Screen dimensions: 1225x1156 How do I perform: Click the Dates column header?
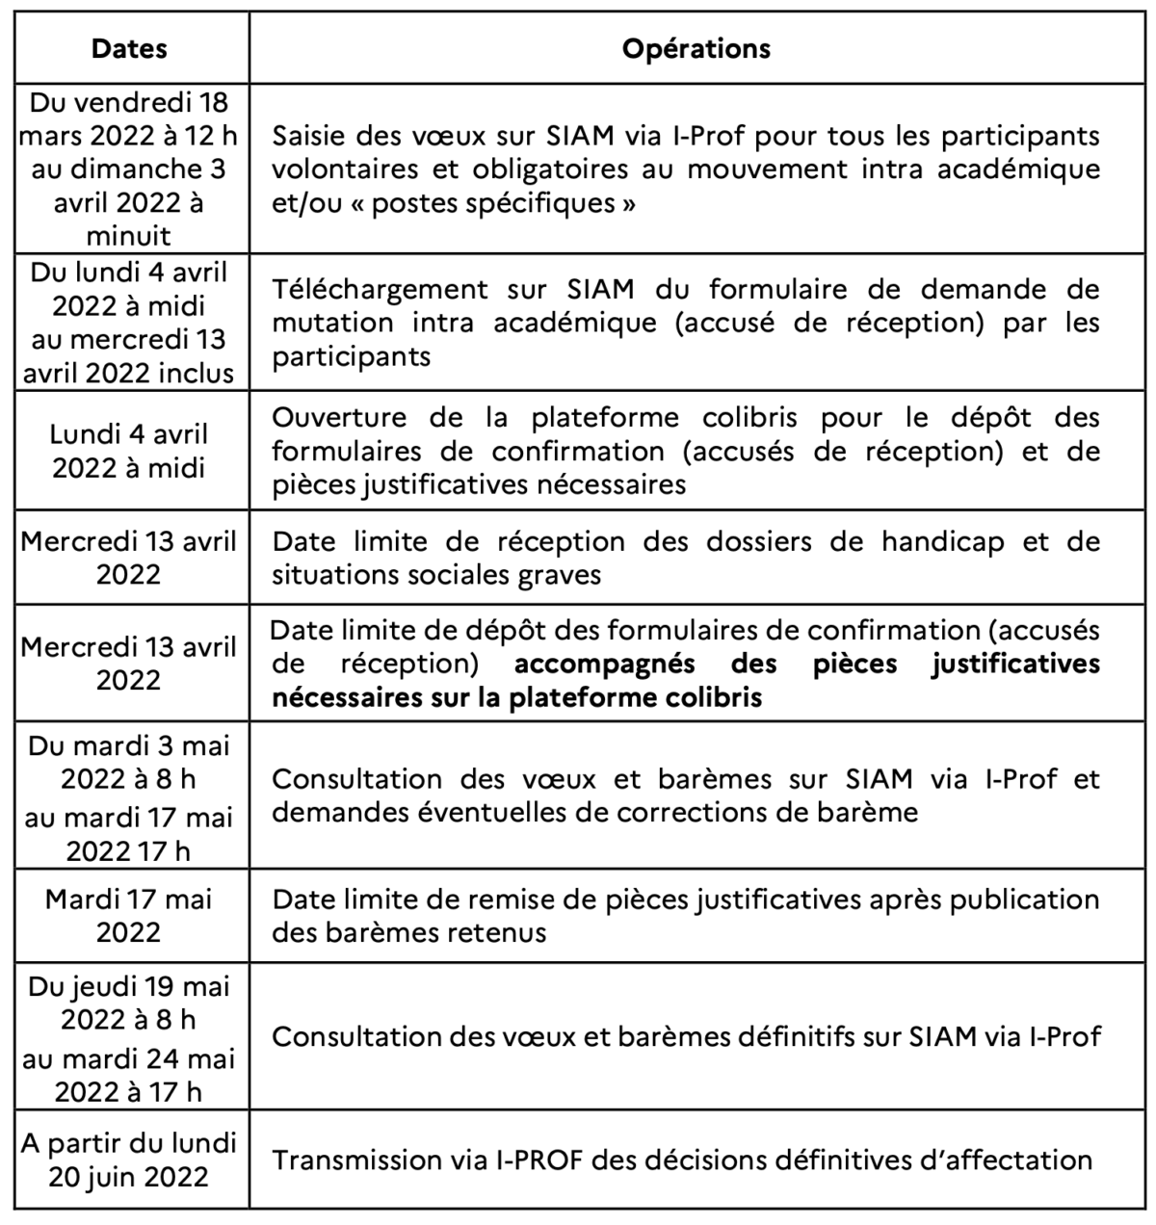click(129, 49)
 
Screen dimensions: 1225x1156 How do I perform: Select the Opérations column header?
click(696, 49)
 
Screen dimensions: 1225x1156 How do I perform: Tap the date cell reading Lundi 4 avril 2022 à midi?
click(129, 451)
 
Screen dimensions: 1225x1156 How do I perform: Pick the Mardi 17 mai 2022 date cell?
click(129, 916)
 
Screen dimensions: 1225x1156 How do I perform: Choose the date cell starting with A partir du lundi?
click(129, 1160)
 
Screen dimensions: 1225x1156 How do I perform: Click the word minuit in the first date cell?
click(129, 236)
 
